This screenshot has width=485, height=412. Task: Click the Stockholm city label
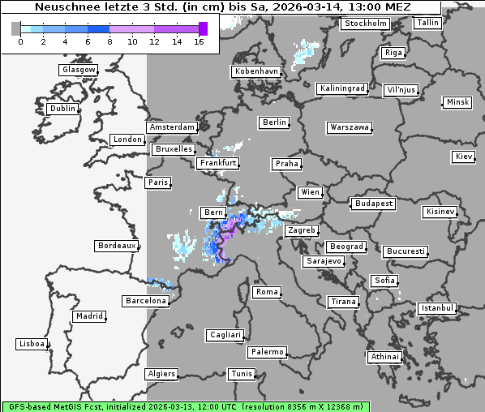(365, 24)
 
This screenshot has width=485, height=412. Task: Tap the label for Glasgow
(79, 70)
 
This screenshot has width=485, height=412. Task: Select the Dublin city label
(62, 109)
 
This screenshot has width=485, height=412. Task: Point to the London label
(127, 139)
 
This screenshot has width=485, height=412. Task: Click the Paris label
(158, 182)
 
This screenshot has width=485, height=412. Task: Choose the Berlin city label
(275, 122)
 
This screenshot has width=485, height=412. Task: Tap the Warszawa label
(350, 127)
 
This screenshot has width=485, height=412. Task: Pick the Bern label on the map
(213, 212)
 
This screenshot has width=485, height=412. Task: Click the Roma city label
(267, 292)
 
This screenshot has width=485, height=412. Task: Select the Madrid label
(88, 316)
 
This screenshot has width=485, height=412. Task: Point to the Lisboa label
(32, 344)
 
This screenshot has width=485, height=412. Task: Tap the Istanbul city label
(437, 309)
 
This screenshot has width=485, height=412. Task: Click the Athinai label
(384, 357)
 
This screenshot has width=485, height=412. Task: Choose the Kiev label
(464, 156)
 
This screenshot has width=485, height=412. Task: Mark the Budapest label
(373, 203)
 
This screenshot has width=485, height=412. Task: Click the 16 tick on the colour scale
(199, 41)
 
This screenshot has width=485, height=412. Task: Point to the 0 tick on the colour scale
(19, 41)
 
